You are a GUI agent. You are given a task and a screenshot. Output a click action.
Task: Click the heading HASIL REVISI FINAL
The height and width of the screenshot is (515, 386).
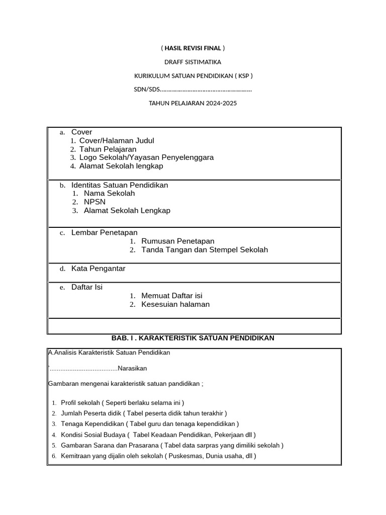(x=193, y=48)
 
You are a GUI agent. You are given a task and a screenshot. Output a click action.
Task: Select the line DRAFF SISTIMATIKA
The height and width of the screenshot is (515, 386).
(x=193, y=62)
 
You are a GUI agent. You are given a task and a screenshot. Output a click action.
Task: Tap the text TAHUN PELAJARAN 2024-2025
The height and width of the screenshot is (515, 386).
(x=193, y=103)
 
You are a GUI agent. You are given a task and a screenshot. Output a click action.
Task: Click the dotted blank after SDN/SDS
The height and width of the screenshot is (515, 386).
(x=206, y=90)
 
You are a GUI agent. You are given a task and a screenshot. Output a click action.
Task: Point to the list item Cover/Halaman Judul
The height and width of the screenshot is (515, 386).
(x=117, y=141)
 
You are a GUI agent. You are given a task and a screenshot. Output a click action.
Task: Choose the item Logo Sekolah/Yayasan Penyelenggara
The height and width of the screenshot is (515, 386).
(x=146, y=157)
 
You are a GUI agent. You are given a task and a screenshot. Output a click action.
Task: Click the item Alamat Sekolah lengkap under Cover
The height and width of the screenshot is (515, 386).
(x=121, y=166)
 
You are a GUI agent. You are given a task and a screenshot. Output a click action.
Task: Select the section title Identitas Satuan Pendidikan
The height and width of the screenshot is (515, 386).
(x=120, y=185)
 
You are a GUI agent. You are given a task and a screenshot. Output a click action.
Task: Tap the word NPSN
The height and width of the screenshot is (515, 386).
(x=94, y=202)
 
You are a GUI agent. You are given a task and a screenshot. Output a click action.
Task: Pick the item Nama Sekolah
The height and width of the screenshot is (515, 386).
(x=109, y=194)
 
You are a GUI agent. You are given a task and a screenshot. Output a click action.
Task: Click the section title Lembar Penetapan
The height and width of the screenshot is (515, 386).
(x=105, y=232)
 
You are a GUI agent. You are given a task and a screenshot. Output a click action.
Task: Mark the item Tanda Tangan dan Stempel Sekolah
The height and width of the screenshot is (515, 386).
(x=205, y=249)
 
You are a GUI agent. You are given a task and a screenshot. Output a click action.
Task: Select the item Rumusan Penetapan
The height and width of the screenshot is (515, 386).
(x=178, y=241)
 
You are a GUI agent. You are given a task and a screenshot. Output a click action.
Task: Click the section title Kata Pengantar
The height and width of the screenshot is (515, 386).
(x=99, y=269)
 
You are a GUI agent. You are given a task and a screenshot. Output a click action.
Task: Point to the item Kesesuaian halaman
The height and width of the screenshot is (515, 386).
(x=175, y=304)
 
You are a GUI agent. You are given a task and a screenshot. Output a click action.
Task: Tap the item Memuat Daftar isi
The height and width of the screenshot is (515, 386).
(x=172, y=296)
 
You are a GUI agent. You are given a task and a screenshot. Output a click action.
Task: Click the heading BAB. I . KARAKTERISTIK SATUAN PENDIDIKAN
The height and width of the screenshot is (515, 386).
(x=193, y=338)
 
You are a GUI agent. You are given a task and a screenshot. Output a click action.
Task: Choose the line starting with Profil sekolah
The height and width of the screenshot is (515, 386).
(x=122, y=403)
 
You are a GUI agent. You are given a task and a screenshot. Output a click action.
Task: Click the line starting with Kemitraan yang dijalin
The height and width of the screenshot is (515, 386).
(x=158, y=456)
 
